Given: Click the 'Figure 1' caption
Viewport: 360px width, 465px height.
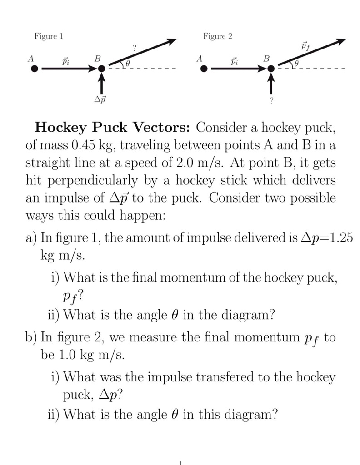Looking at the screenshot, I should pos(49,36).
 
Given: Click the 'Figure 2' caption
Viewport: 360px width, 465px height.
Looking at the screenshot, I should pos(217,36).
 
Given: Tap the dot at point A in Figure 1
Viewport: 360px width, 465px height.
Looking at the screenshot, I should pos(34,69).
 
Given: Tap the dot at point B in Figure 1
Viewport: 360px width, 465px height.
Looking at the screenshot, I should pos(102,69).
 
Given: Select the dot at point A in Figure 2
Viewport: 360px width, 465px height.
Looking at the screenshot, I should pos(204,69).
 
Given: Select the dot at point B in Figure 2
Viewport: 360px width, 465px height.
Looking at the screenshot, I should pos(271,69).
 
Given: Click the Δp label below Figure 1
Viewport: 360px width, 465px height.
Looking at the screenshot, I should pos(101,98).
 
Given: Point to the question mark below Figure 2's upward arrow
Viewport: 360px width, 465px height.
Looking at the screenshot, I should pos(271,101).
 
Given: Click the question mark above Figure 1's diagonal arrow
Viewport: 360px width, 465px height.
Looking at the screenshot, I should pos(135,47).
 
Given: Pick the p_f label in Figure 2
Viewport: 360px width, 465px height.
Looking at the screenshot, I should pos(305,46).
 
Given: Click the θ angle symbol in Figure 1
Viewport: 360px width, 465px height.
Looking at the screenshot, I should pos(128,64).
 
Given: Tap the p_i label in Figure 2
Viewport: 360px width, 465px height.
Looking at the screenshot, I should pos(235,60).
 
